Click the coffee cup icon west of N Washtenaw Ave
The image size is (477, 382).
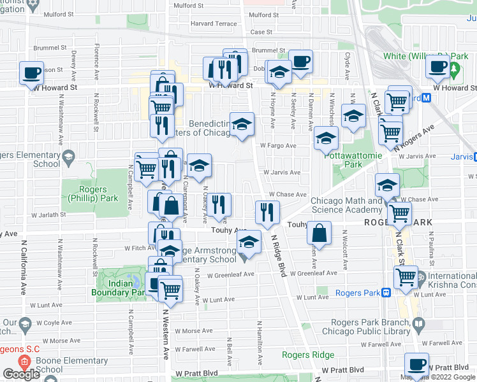pyautogui.click(x=31, y=73)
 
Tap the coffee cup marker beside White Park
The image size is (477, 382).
pyautogui.click(x=438, y=66)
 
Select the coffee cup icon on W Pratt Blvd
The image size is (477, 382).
pyautogui.click(x=417, y=365)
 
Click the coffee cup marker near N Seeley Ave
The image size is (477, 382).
pyautogui.click(x=300, y=62)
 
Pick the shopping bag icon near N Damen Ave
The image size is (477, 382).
pyautogui.click(x=319, y=234)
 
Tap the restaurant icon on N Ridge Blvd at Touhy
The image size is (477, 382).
pyautogui.click(x=267, y=212)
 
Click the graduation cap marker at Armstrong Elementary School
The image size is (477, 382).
pyautogui.click(x=249, y=242)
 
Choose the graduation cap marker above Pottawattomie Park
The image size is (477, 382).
pyautogui.click(x=326, y=138)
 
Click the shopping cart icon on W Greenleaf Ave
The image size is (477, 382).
pyautogui.click(x=406, y=277)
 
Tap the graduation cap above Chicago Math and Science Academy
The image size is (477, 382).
pyautogui.click(x=386, y=185)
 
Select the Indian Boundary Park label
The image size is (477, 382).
pyautogui.click(x=121, y=293)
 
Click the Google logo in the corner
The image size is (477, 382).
pyautogui.click(x=21, y=374)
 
